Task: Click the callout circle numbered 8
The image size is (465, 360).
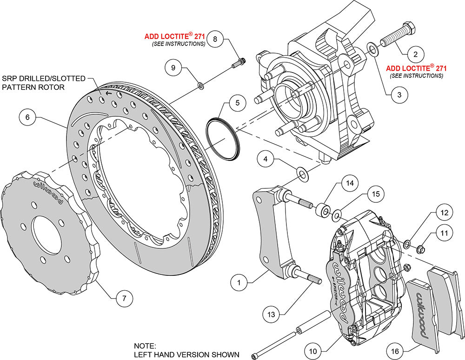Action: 215,39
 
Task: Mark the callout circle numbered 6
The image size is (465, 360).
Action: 27,118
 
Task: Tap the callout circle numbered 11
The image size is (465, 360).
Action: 445,232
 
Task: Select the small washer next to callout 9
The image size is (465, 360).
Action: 201,86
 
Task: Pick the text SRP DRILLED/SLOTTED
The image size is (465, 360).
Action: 45,79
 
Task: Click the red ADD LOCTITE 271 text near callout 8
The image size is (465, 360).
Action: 175,36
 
